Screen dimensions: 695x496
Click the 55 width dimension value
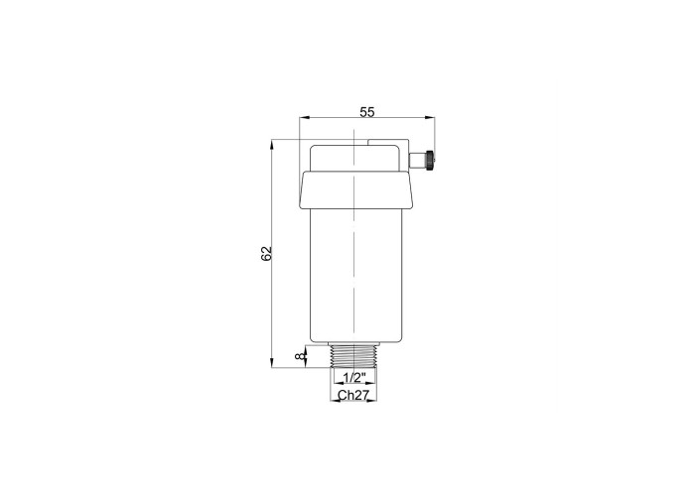coord(367,112)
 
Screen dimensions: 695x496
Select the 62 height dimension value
coord(266,253)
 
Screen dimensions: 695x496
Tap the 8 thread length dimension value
coord(302,356)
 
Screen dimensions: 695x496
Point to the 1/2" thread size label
coord(354,378)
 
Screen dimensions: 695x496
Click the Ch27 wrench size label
coord(353,395)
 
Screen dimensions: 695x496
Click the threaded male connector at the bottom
coord(354,355)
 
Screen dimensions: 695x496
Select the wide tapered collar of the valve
coord(356,190)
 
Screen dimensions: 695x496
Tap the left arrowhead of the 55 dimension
coord(305,118)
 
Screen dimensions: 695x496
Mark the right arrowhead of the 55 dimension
coord(430,118)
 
